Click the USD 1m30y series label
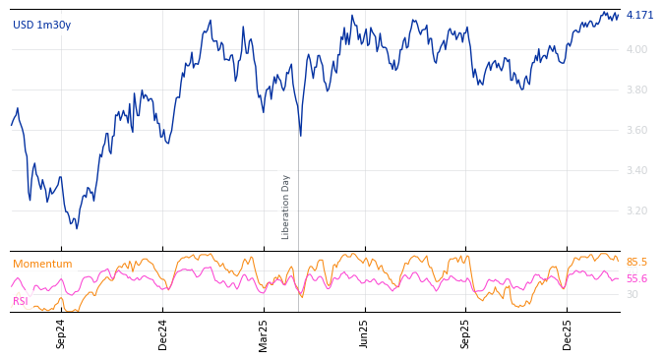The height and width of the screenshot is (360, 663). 41,25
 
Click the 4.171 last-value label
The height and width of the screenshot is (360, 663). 639,15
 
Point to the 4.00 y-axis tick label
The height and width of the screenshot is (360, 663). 636,49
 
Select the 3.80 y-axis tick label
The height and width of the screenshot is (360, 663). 636,90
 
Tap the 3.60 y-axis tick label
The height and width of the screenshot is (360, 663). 636,130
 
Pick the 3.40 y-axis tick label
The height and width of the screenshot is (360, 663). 636,170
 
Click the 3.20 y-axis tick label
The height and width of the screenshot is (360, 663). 636,210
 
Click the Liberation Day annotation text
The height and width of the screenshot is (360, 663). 286,207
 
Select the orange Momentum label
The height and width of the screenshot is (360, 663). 42,264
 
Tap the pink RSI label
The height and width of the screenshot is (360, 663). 21,301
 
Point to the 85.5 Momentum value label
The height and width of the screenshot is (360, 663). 636,262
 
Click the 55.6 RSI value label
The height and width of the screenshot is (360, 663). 636,278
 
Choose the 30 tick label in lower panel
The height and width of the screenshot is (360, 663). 632,294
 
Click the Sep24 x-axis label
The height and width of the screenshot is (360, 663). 61,333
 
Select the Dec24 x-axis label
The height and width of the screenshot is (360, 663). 163,333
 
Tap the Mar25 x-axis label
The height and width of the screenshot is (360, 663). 264,333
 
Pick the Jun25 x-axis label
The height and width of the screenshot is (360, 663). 365,333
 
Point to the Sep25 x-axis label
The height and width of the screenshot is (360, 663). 466,333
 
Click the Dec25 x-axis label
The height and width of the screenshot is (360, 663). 568,333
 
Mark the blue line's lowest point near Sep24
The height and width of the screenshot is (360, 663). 76,228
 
